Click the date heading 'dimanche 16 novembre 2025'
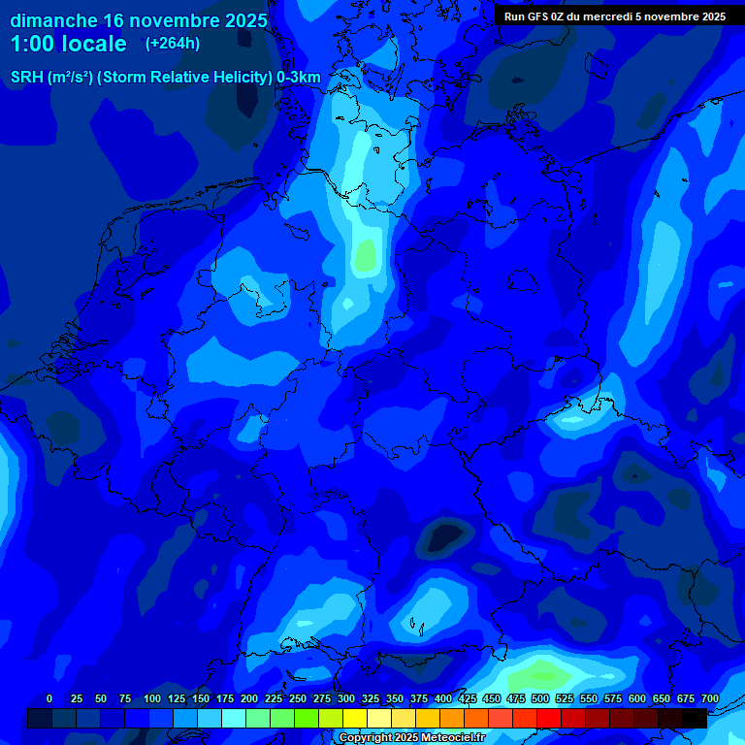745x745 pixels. point(139,20)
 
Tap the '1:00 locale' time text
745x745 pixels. point(69,44)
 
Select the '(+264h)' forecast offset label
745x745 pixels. point(173,43)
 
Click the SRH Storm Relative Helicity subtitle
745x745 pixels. point(165,78)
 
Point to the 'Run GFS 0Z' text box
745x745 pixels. point(614,16)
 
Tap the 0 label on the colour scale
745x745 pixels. point(49,698)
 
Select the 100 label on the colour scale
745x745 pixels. point(152,698)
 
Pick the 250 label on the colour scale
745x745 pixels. point(298,698)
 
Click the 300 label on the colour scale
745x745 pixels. point(346,698)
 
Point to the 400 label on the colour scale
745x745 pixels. point(443,698)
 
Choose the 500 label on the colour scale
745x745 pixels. point(540,698)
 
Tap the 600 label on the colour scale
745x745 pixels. point(637,698)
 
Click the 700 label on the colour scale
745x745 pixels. point(709,698)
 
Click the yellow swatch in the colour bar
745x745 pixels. point(355,718)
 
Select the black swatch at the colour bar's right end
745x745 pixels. point(695,718)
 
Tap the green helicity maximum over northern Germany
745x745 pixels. point(366,255)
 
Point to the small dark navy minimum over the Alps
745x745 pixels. point(445,535)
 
